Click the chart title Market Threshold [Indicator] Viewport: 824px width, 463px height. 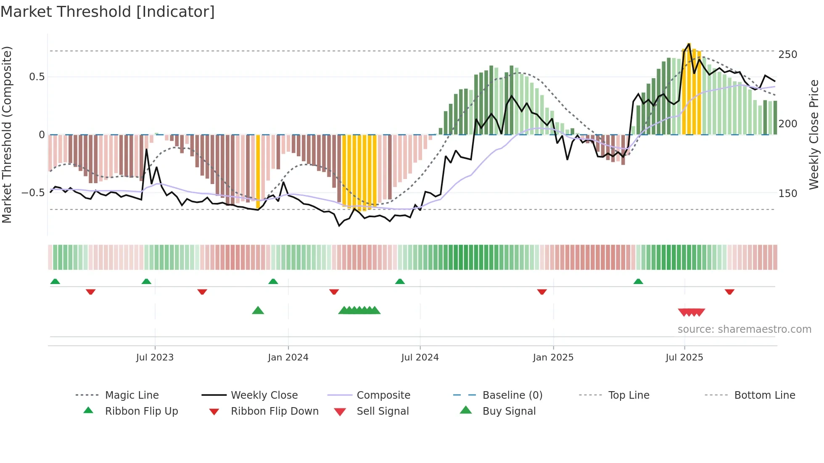pos(108,12)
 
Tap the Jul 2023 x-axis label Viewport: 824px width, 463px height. pos(155,358)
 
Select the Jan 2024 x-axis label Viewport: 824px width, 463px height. pos(288,358)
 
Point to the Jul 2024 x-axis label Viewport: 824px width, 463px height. pos(420,358)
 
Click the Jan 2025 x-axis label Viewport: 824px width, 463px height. pos(553,358)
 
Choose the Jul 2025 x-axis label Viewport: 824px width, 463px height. pos(684,358)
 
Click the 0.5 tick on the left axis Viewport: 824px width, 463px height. pos(37,77)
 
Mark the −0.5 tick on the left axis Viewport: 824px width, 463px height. pos(33,193)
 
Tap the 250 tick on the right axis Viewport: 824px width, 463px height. pos(787,55)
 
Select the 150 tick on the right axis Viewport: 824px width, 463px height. pos(787,194)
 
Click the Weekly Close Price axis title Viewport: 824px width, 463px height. pos(814,134)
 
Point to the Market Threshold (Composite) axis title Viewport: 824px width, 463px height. pos(7,134)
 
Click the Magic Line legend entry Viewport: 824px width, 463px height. pos(132,395)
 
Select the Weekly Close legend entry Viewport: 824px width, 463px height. pos(264,395)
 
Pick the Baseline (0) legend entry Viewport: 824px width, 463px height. pos(512,395)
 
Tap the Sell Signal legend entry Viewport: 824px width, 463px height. pos(383,411)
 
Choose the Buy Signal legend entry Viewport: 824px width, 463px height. pos(509,411)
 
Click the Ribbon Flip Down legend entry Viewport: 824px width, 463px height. pos(275,411)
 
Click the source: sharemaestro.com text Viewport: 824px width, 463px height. pos(744,329)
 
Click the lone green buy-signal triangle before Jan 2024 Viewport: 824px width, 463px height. pos(258,310)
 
